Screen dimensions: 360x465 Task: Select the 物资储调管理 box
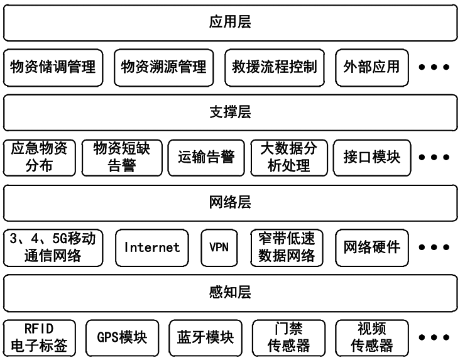[53, 67]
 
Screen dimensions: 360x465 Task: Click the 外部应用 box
[371, 67]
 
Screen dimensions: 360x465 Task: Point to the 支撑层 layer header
[230, 112]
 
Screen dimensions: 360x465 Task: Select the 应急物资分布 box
[40, 157]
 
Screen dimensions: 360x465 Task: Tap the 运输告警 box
[206, 157]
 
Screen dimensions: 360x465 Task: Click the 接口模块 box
[371, 157]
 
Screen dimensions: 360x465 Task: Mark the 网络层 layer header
[230, 202]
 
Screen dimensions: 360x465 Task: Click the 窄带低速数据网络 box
[287, 247]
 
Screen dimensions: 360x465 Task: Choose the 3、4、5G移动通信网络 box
[53, 247]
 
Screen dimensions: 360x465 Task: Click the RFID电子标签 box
[40, 337]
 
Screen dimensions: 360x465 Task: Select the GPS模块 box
[122, 337]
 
